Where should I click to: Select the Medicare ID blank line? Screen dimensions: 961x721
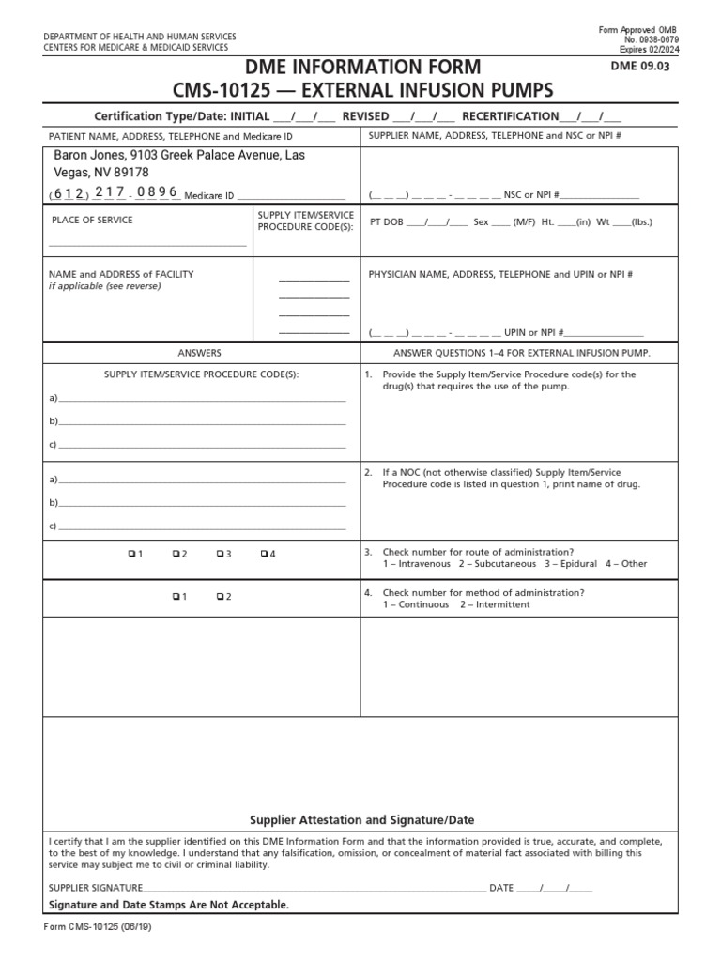click(x=291, y=196)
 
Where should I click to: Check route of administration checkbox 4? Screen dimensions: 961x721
click(x=265, y=554)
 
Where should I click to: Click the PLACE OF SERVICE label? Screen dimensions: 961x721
click(x=91, y=221)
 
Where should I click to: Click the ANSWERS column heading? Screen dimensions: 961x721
click(x=200, y=353)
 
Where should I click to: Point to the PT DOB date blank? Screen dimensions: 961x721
click(x=437, y=222)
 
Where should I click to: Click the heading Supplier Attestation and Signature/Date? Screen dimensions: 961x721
click(x=361, y=819)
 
